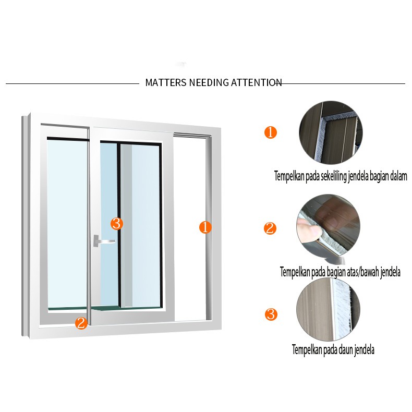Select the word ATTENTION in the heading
click(x=257, y=82)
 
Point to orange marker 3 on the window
click(x=117, y=224)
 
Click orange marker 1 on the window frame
click(x=205, y=227)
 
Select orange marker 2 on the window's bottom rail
click(x=81, y=323)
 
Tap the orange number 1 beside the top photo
click(x=270, y=132)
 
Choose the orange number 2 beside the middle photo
click(x=270, y=228)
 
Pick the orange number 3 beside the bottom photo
click(x=271, y=314)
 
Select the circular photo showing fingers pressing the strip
click(x=329, y=227)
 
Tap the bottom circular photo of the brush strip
click(x=328, y=310)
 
